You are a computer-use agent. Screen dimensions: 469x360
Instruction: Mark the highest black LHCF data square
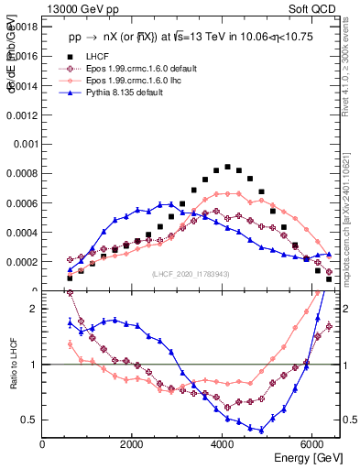227,167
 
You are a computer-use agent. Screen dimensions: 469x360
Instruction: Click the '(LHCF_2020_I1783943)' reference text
190,274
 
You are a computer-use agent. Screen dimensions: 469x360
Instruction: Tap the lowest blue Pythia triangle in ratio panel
261,430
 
